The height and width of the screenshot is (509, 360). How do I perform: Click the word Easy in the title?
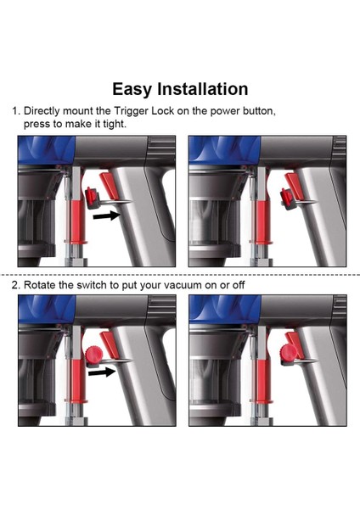pos(132,90)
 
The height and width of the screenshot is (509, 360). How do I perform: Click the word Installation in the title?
pos(203,89)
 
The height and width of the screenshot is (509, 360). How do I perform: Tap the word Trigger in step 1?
pos(131,111)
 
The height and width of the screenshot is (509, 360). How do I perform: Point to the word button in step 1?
pos(259,111)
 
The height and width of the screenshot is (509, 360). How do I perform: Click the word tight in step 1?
pos(115,124)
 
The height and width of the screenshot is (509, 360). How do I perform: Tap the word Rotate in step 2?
pos(40,285)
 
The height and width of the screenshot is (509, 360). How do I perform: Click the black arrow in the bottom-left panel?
pos(102,372)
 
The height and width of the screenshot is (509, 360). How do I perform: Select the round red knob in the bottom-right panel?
pos(289,352)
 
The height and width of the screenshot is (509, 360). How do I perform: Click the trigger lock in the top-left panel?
pos(93,198)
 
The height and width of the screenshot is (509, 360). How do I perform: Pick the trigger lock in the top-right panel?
pos(288,199)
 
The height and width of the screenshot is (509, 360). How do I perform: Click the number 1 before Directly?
pos(14,111)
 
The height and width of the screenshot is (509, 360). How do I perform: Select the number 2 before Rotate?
pos(15,285)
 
